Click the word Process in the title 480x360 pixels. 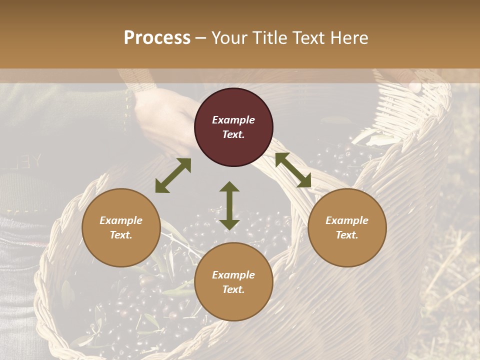157,38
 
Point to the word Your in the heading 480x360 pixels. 230,38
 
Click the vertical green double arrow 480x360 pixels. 229,205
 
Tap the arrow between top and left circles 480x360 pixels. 173,175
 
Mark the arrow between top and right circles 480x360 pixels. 293,170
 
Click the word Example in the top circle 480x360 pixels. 233,120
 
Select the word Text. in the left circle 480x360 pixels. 121,235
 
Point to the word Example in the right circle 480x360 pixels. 347,220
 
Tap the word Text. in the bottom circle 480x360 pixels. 233,289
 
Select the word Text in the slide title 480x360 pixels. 309,38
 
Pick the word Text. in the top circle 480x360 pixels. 233,134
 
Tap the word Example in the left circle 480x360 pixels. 121,220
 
